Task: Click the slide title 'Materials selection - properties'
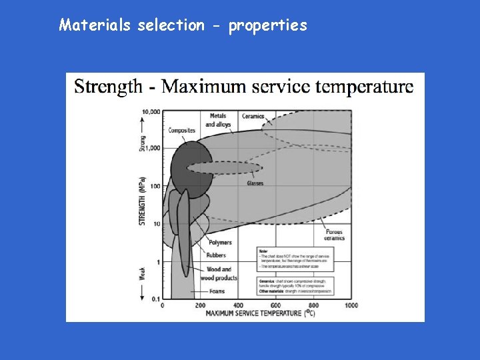(183, 25)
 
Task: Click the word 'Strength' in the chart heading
(108, 86)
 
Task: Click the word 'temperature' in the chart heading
(371, 86)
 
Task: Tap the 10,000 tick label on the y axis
(151, 111)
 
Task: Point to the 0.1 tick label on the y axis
(155, 299)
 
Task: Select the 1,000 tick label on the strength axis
(152, 148)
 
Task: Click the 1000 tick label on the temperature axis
(351, 305)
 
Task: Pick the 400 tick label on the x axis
(238, 305)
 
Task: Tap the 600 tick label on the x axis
(276, 305)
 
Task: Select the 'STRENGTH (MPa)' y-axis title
(142, 201)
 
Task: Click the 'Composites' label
(182, 131)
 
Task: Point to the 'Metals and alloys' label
(218, 120)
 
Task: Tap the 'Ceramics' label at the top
(253, 117)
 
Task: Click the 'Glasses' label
(255, 183)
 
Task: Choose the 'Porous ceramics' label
(334, 234)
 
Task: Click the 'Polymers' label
(220, 243)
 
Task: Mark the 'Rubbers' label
(217, 255)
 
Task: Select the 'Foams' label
(217, 291)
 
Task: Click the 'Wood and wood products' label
(221, 273)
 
